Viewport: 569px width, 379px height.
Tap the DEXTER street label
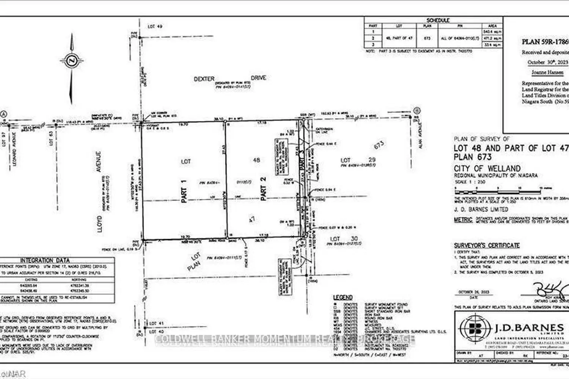(x=204, y=79)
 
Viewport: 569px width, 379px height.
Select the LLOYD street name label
(x=99, y=224)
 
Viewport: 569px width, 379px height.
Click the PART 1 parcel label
(x=184, y=191)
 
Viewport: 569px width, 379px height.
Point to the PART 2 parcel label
(x=263, y=188)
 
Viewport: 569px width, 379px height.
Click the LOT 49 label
(x=155, y=27)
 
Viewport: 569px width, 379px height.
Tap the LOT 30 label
(x=343, y=239)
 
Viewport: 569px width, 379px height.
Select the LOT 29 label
(x=358, y=160)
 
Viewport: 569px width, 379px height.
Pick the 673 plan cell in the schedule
(x=427, y=38)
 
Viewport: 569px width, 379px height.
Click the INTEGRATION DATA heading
(x=45, y=260)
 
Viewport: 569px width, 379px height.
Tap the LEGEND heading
(x=343, y=298)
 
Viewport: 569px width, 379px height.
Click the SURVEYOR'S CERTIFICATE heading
(x=487, y=246)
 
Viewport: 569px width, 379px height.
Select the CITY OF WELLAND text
(x=487, y=168)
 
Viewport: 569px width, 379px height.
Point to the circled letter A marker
(x=4, y=114)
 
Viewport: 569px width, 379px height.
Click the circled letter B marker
(x=417, y=111)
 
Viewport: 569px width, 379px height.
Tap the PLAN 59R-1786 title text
(x=545, y=42)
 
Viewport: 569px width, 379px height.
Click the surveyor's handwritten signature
(x=552, y=290)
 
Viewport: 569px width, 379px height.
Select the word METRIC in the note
(x=463, y=220)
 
